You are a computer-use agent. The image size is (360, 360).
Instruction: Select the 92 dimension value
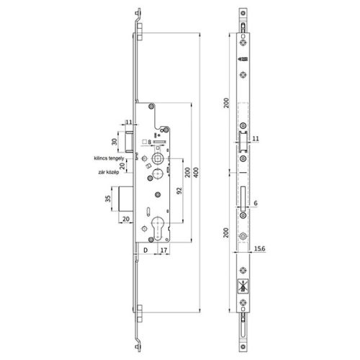point(176,192)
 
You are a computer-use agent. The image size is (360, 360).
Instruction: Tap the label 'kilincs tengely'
point(106,156)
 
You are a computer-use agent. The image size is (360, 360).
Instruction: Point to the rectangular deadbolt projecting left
point(127,197)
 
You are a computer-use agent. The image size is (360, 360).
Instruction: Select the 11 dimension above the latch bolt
point(129,123)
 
